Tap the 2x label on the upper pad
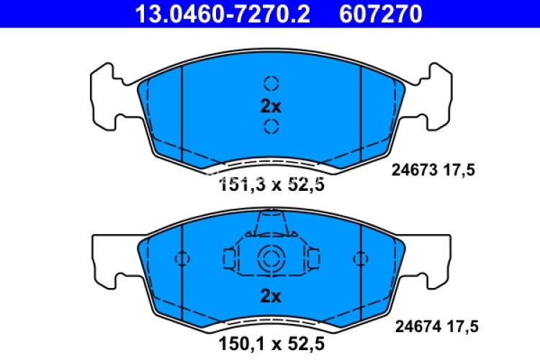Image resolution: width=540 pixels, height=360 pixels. click(x=270, y=106)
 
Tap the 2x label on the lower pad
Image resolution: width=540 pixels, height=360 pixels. click(x=270, y=296)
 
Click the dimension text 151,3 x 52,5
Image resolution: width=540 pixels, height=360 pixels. click(x=271, y=185)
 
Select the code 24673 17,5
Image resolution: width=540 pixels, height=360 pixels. click(x=434, y=171)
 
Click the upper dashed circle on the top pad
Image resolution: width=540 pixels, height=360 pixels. click(x=271, y=83)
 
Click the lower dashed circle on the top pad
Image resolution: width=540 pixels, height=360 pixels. click(x=271, y=128)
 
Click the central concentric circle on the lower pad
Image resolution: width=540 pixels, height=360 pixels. click(x=271, y=257)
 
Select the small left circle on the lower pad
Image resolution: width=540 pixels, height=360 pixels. click(x=181, y=258)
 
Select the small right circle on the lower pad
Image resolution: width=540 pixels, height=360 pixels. click(x=360, y=258)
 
